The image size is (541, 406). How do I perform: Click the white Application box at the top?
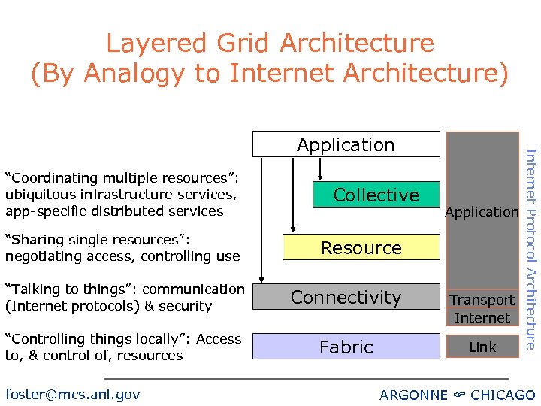(x=346, y=144)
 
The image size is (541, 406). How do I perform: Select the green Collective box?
(x=376, y=195)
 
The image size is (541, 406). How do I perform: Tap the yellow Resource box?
(x=361, y=247)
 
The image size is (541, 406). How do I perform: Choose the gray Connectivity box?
(x=346, y=297)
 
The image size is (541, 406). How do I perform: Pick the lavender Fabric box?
(x=346, y=347)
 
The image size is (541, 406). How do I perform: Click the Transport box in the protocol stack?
(x=482, y=299)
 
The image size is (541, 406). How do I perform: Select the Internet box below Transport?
(x=482, y=317)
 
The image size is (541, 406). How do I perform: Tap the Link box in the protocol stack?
(x=482, y=347)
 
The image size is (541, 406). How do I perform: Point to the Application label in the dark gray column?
(x=482, y=212)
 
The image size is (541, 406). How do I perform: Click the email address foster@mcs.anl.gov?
(x=72, y=394)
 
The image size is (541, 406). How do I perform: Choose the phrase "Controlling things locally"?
(x=97, y=339)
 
